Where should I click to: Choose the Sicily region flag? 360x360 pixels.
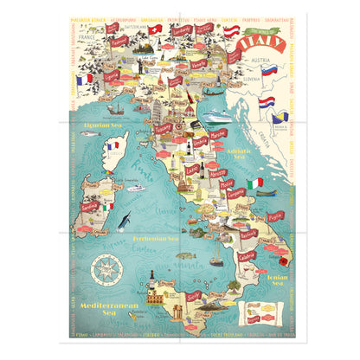point(193,295)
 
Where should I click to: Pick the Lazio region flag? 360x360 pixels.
point(192,170)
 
